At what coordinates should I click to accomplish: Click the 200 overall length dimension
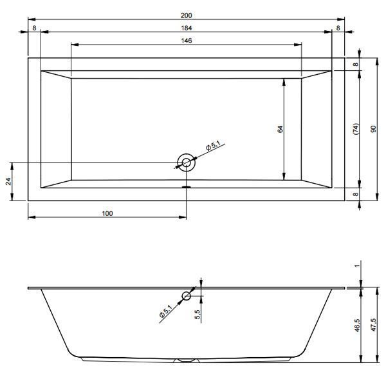coord(186,15)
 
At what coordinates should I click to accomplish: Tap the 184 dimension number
coord(186,28)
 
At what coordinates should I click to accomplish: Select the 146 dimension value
coord(186,41)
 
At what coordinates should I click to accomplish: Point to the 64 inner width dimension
coord(280,129)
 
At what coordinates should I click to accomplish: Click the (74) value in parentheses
coord(356,129)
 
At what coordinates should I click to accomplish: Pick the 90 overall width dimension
coord(373,129)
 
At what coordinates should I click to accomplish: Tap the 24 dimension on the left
coord(8,181)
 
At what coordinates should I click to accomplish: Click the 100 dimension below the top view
coord(107,213)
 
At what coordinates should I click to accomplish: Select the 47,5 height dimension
coord(374,325)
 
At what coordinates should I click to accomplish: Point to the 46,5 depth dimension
coord(358,325)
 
